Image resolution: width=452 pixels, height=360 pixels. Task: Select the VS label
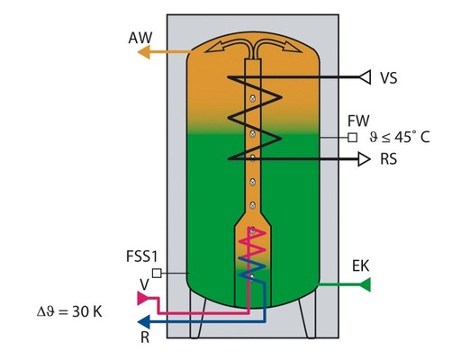390,78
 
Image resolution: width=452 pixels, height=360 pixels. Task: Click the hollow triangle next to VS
363,78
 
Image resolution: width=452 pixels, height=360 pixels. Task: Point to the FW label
358,121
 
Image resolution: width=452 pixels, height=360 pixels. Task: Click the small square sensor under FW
352,139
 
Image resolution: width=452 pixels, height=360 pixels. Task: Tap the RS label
389,161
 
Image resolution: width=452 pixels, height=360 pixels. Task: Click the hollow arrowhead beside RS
363,160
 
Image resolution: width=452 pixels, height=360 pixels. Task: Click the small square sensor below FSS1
156,273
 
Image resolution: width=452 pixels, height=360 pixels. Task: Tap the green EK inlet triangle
365,285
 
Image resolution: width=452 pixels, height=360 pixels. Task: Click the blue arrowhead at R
139,319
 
